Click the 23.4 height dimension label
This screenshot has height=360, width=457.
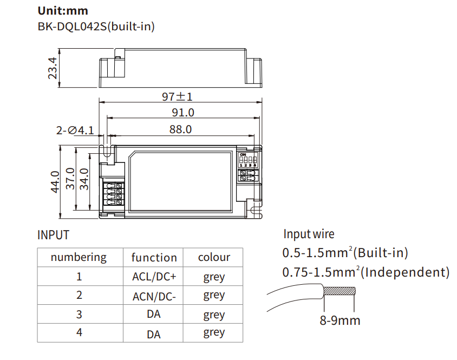point(53,68)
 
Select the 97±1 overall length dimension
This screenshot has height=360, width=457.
point(177,96)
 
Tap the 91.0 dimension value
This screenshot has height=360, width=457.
point(182,113)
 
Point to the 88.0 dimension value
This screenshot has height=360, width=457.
point(180,129)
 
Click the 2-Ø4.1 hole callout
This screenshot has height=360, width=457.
point(75,130)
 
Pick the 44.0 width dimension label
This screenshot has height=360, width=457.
point(55,182)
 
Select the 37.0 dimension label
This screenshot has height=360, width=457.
point(70,179)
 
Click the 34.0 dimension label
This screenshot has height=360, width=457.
point(84,179)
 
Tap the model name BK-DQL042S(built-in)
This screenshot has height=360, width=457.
point(96,27)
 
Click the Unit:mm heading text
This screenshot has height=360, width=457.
point(63,11)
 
